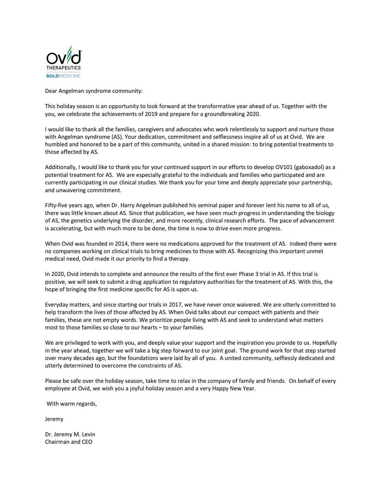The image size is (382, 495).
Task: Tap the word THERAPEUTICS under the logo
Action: [63, 67]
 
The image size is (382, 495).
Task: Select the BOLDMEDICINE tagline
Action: [63, 75]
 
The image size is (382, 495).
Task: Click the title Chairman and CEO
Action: [68, 442]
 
